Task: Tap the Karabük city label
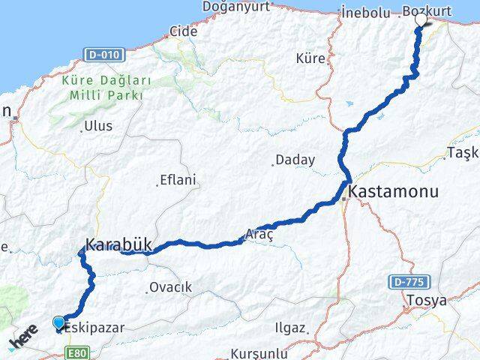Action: (119, 244)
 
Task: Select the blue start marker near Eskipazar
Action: (59, 323)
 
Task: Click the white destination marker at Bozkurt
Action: (421, 20)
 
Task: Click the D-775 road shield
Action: (406, 282)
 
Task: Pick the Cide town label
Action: (184, 31)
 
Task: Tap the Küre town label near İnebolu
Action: (310, 57)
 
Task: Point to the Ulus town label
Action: (99, 126)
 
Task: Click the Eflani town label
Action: (178, 180)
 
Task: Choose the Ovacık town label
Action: (171, 287)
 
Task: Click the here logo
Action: (24, 337)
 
